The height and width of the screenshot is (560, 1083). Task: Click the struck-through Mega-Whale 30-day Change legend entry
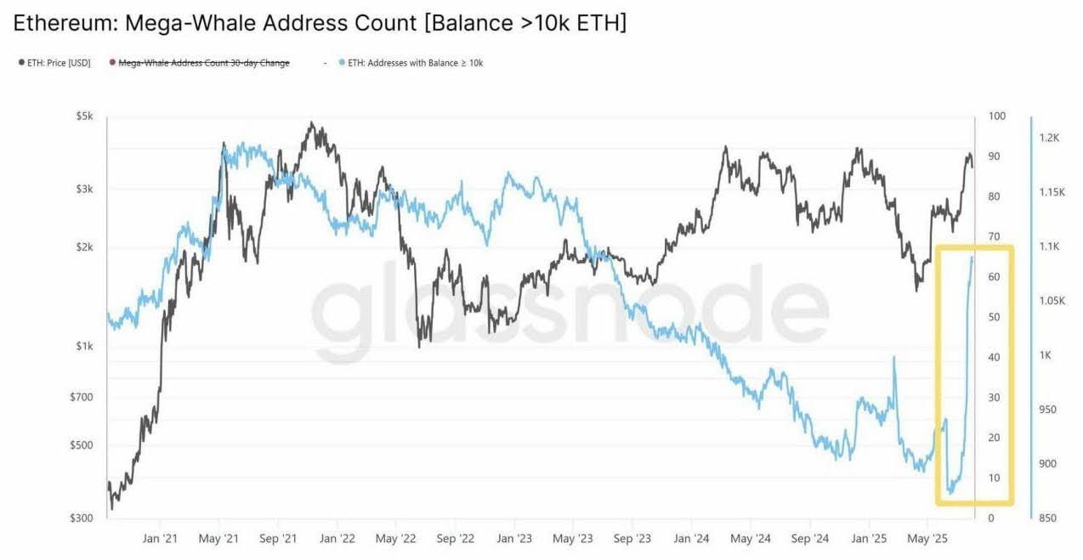point(203,62)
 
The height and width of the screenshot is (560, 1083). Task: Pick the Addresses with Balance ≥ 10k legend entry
point(415,62)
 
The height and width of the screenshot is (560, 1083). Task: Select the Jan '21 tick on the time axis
point(159,538)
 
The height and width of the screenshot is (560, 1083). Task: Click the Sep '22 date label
point(456,538)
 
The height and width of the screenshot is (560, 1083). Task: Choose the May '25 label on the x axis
point(928,538)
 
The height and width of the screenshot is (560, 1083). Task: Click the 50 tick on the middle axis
point(994,317)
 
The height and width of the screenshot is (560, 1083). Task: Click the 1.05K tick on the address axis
point(1052,301)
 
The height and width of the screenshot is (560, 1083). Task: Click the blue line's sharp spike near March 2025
point(894,357)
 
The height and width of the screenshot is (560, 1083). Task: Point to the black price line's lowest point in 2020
point(113,508)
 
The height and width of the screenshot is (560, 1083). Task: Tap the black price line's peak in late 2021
point(312,123)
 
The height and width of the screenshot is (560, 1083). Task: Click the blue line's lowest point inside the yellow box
point(950,492)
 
